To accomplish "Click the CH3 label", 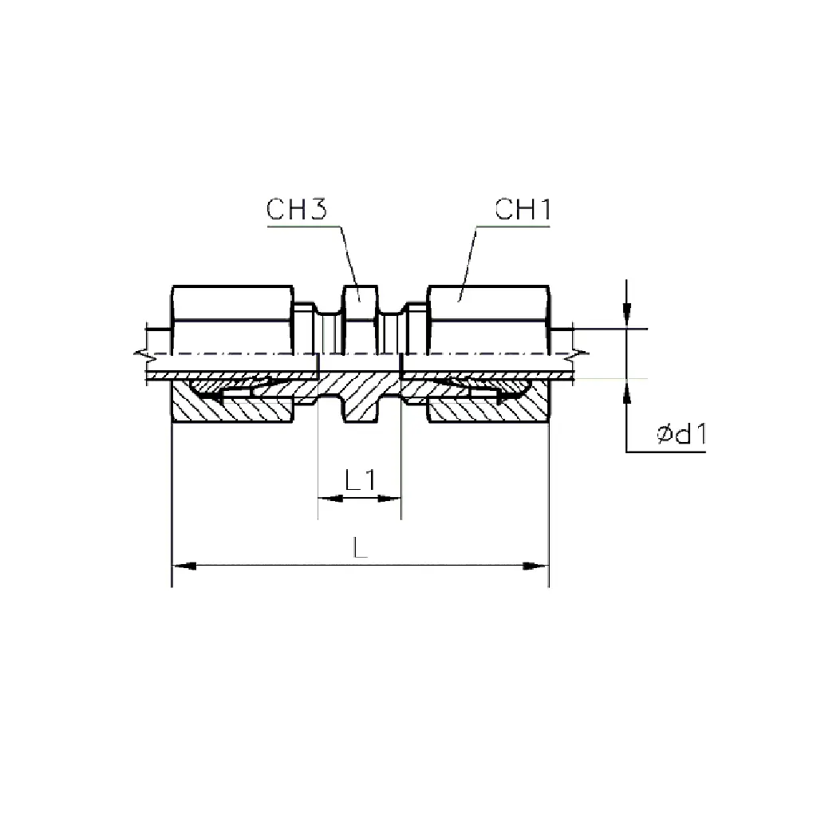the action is tap(297, 210).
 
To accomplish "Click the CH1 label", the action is tap(523, 210).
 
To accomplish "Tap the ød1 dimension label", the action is tap(681, 433).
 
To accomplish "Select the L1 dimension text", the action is tap(360, 480).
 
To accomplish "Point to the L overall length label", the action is tap(360, 547).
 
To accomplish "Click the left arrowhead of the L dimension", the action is tap(184, 566).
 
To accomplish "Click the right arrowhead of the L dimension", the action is tap(536, 566).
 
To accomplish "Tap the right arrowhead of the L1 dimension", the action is tap(389, 499).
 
